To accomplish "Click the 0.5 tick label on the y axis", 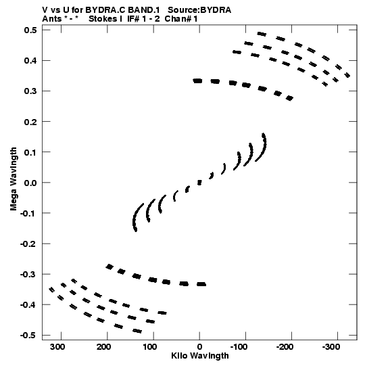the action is tap(30, 30).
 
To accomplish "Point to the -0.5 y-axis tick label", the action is tap(28, 335).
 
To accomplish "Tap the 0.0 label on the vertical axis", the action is tap(30, 183).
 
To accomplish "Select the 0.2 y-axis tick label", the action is tap(30, 122).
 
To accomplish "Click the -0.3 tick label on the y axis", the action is tap(28, 274).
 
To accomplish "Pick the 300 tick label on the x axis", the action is tap(57, 347).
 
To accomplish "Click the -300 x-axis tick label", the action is tap(331, 347).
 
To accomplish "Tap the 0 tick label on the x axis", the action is tap(199, 347).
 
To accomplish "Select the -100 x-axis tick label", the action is tap(239, 347).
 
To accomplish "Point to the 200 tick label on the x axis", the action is tap(104, 347).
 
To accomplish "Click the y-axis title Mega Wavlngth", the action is tap(14, 179).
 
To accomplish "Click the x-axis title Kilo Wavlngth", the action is tap(200, 356).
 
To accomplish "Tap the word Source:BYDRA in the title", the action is tap(199, 10).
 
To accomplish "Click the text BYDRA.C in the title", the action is tap(105, 10).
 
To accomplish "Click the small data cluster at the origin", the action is tap(199, 183).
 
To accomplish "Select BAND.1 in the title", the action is tap(144, 10).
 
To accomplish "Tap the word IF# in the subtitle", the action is tap(133, 19).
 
